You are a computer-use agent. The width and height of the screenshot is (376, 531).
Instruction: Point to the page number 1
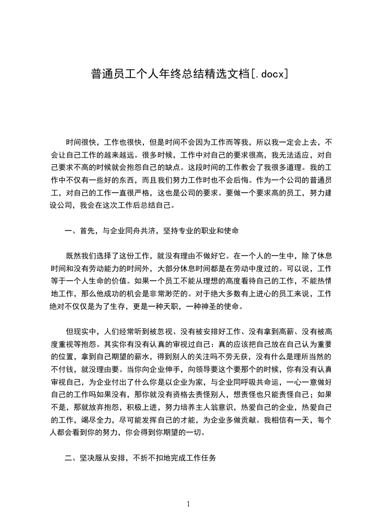click(x=188, y=504)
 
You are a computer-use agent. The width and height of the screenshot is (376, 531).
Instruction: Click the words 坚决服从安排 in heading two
click(x=103, y=458)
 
